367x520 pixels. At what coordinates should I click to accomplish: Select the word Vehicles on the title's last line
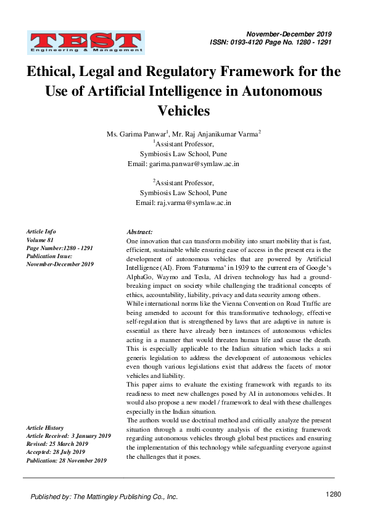point(184,111)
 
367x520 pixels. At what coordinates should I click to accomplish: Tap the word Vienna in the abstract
point(226,304)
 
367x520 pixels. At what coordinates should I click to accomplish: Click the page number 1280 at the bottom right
point(333,494)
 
